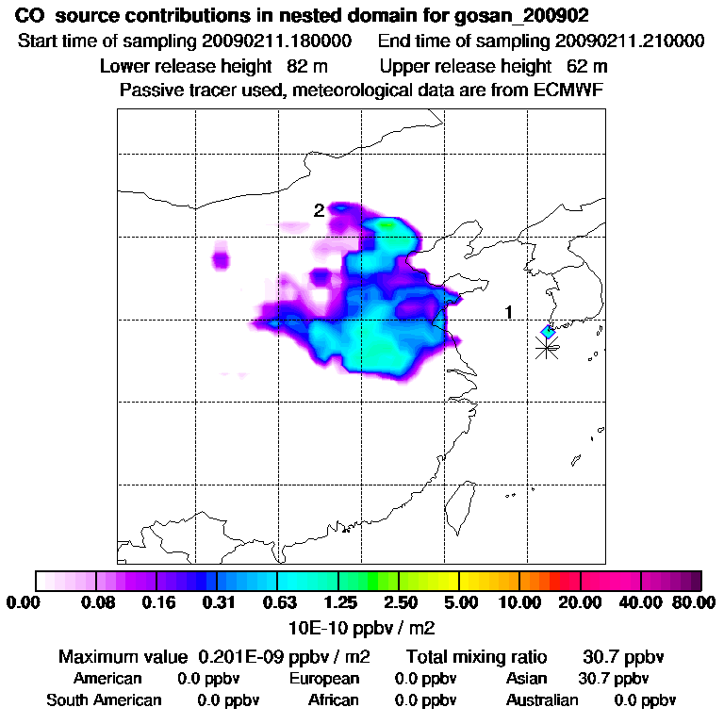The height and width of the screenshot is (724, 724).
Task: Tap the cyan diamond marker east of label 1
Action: point(548,332)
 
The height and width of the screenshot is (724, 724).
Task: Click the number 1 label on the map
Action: point(509,312)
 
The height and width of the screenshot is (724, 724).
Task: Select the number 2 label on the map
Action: point(319,210)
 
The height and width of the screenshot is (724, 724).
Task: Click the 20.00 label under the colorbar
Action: point(580,602)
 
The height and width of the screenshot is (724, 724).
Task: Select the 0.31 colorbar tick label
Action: point(219,602)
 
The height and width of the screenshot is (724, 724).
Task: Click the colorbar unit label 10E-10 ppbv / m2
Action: point(362,627)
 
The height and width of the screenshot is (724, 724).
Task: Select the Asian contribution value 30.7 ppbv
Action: point(613,679)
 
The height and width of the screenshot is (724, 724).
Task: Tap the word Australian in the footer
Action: point(542,700)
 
